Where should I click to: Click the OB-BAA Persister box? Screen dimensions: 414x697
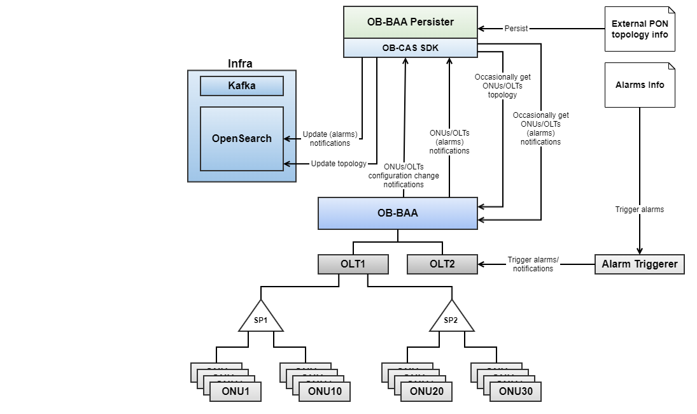(x=410, y=22)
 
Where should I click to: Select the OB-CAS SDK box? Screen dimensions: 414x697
(x=410, y=48)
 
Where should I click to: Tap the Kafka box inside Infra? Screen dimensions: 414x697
(x=241, y=86)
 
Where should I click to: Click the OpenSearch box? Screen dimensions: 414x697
(x=241, y=139)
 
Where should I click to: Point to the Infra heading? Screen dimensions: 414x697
(x=240, y=63)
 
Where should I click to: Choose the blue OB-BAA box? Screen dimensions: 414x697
(x=397, y=213)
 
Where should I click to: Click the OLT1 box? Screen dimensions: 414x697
(x=353, y=264)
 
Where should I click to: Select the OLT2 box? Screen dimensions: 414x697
(x=442, y=264)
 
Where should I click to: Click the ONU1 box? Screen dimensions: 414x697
(x=236, y=392)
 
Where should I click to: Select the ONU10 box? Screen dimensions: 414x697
(x=325, y=392)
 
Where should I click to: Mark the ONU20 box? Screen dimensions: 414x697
(x=426, y=392)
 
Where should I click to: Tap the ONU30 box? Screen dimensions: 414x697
(x=516, y=392)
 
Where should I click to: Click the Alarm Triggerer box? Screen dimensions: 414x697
(x=639, y=264)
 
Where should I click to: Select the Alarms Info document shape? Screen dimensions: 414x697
(x=639, y=85)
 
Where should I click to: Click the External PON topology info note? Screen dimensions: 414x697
(x=639, y=29)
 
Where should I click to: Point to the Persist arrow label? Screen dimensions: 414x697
(x=516, y=29)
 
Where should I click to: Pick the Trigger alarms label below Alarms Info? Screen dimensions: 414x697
(x=639, y=210)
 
